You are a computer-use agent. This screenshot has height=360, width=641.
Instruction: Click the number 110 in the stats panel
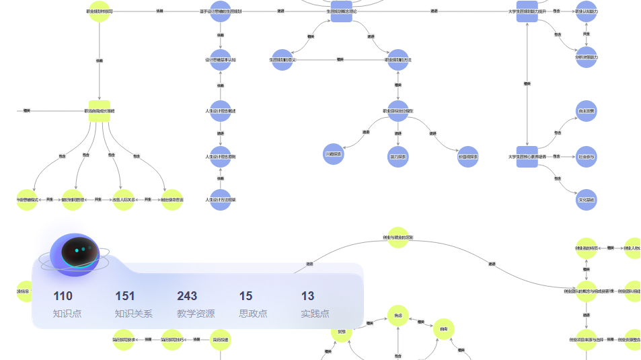(x=63, y=296)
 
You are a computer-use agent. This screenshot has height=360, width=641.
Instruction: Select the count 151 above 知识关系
(x=125, y=296)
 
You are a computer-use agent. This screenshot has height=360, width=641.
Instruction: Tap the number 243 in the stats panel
(x=187, y=296)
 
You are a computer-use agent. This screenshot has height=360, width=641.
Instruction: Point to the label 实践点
(x=315, y=314)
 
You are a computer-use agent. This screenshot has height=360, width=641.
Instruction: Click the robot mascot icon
(x=75, y=254)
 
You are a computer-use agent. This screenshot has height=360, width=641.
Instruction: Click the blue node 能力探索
(x=398, y=157)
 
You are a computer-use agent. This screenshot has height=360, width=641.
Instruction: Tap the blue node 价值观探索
(x=467, y=157)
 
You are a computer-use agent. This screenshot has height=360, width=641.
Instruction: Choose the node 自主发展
(x=587, y=110)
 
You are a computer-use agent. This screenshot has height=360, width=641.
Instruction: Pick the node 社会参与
(x=587, y=157)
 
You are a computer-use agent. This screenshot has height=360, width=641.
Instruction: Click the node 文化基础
(x=587, y=200)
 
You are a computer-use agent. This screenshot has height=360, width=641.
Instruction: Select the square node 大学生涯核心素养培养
(x=527, y=157)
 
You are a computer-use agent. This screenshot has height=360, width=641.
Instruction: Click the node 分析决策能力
(x=587, y=57)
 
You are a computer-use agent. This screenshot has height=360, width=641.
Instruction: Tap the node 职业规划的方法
(x=398, y=60)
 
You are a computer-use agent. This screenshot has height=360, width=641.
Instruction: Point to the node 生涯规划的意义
(x=282, y=60)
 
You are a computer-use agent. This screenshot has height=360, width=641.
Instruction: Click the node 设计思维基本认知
(x=220, y=60)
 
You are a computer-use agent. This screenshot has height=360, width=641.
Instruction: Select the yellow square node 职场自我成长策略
(x=99, y=110)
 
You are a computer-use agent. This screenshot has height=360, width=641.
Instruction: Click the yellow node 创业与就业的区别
(x=398, y=238)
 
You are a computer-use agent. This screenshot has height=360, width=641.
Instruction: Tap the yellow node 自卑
(x=443, y=328)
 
